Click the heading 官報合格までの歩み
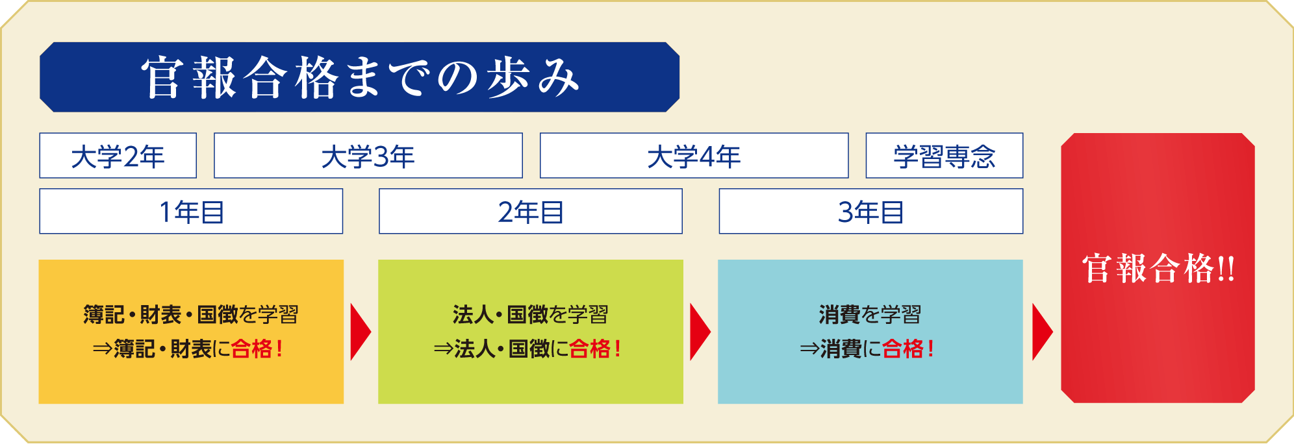pos(360,77)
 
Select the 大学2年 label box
pos(118,156)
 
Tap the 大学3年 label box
pos(368,156)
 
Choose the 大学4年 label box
pos(694,156)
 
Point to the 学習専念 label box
pos(945,156)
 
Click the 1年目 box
pos(191,212)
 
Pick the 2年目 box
pos(531,212)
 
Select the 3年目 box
pos(871,212)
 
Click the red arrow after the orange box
pos(361,332)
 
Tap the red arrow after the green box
pos(700,332)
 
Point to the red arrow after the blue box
pos(1042,332)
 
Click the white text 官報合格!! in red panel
pos(1158,269)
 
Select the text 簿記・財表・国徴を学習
pos(191,315)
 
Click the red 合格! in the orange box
pos(257,349)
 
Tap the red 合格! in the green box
pos(596,349)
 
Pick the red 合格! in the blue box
pos(909,349)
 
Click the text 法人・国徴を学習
pos(531,315)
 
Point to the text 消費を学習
pos(870,315)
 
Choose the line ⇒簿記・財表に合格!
pos(188,349)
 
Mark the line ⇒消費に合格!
pos(867,349)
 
